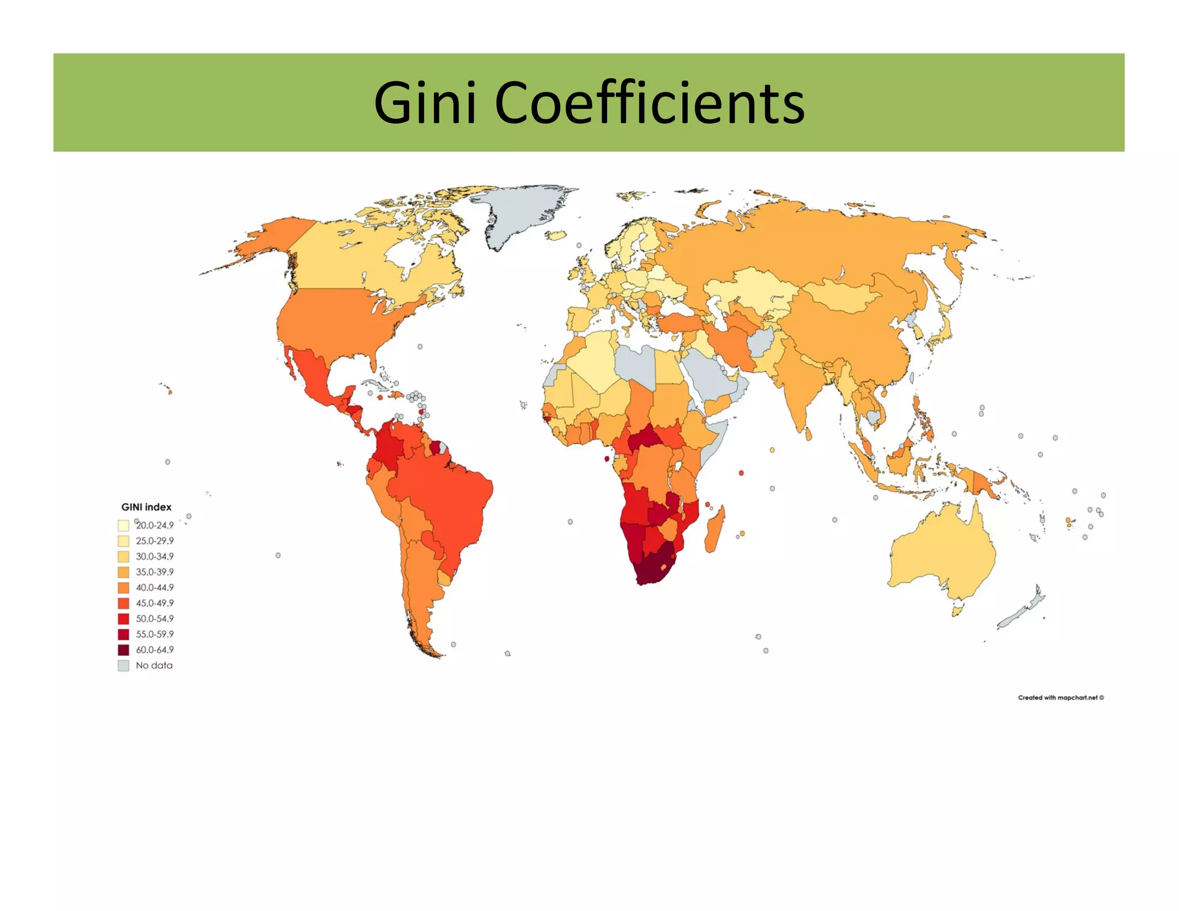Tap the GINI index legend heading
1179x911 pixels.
(146, 507)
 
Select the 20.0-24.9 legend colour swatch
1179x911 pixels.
(123, 525)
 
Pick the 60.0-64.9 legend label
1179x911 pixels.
(154, 650)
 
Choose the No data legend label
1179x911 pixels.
(154, 665)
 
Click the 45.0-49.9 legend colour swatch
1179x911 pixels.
(123, 603)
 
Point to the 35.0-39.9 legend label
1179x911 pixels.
(154, 572)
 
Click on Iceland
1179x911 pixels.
(557, 235)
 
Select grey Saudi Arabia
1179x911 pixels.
(708, 374)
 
